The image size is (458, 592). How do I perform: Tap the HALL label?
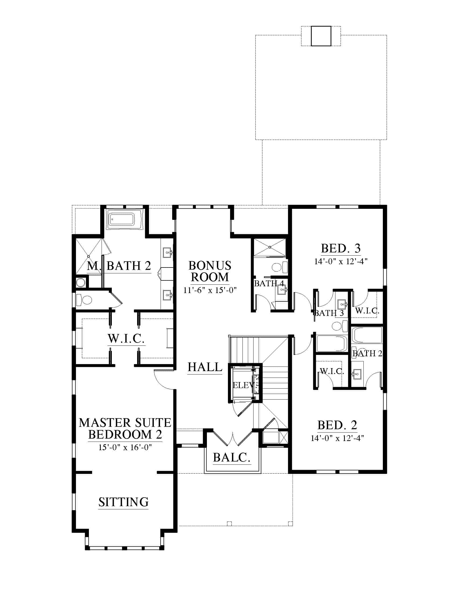click(x=205, y=367)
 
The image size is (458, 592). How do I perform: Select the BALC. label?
click(x=231, y=457)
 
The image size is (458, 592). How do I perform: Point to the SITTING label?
click(x=123, y=502)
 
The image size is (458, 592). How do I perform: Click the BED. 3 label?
click(x=341, y=248)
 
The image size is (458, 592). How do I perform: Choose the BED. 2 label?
click(x=337, y=425)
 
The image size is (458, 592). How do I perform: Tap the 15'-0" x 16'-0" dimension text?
click(x=125, y=447)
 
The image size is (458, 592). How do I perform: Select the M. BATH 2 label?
click(x=119, y=266)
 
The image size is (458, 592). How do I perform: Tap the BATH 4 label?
click(x=269, y=284)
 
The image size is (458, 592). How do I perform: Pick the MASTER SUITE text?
click(x=125, y=423)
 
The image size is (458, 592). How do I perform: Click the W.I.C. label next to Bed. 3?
click(x=367, y=311)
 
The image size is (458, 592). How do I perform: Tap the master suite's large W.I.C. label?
click(x=126, y=339)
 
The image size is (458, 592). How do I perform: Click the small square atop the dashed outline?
click(x=321, y=36)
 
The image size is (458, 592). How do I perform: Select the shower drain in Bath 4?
click(x=270, y=247)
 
